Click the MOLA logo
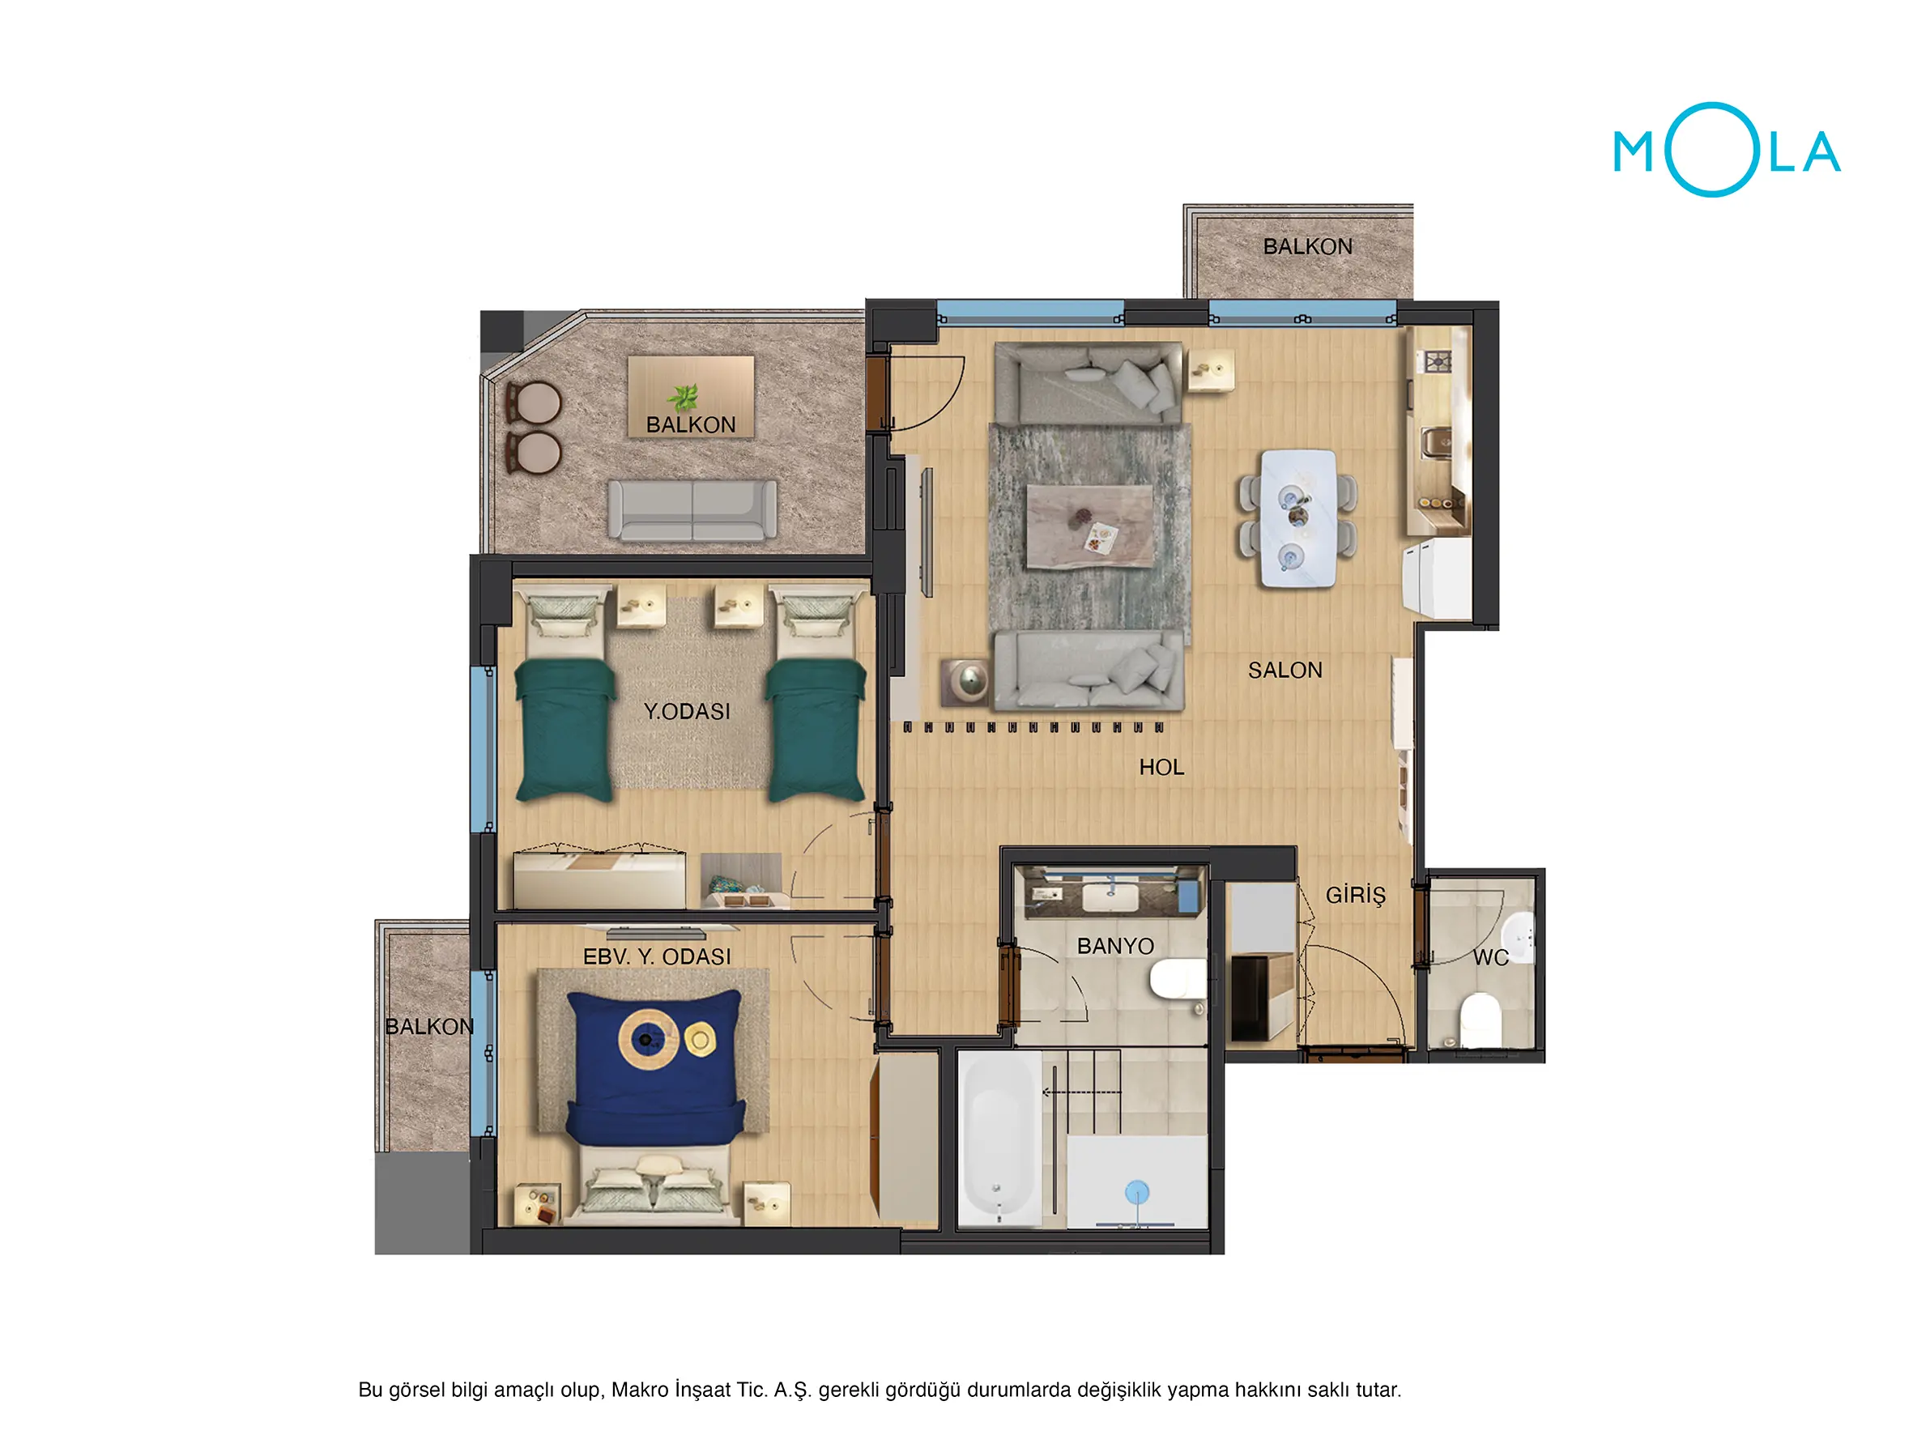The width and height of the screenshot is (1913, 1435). tap(1726, 151)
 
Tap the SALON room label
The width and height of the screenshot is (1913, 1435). tap(1285, 671)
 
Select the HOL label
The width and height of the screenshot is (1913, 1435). tap(1161, 767)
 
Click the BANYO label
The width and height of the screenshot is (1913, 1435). tap(1114, 947)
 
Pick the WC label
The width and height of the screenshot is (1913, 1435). tap(1490, 957)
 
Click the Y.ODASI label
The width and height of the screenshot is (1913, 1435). tap(687, 711)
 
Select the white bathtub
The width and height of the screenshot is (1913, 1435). tap(999, 1139)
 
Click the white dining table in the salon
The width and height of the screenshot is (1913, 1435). tap(1297, 518)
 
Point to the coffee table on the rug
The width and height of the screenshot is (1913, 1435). tap(1089, 526)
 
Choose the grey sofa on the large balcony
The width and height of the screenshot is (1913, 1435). tap(692, 510)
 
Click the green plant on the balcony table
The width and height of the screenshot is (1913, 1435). tap(684, 398)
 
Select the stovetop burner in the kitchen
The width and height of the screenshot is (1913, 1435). tap(1438, 361)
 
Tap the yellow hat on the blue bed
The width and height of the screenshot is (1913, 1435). tap(700, 1038)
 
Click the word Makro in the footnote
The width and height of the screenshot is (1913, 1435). tap(639, 1389)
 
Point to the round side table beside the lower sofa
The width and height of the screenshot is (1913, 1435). tap(966, 682)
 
